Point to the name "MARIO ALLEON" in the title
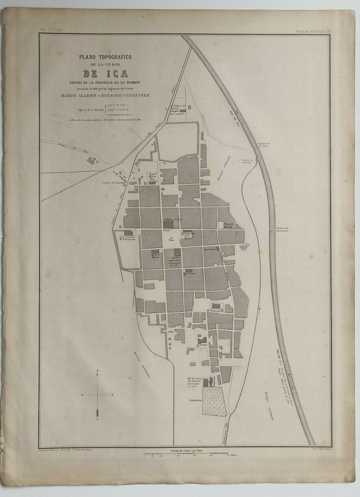click(x=80, y=96)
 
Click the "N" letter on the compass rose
click(x=97, y=370)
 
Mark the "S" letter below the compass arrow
click(x=97, y=419)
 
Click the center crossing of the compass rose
click(x=97, y=395)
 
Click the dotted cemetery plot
click(x=214, y=401)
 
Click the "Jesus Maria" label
click(x=210, y=250)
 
